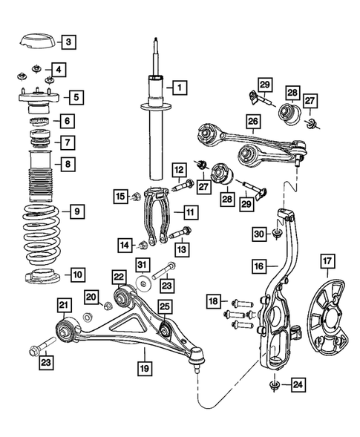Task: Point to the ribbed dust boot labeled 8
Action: point(37,178)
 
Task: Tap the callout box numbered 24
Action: point(297,385)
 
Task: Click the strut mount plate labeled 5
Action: point(37,99)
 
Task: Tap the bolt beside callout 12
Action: point(182,185)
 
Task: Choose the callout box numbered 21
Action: point(65,305)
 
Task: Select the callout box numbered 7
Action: point(68,142)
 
